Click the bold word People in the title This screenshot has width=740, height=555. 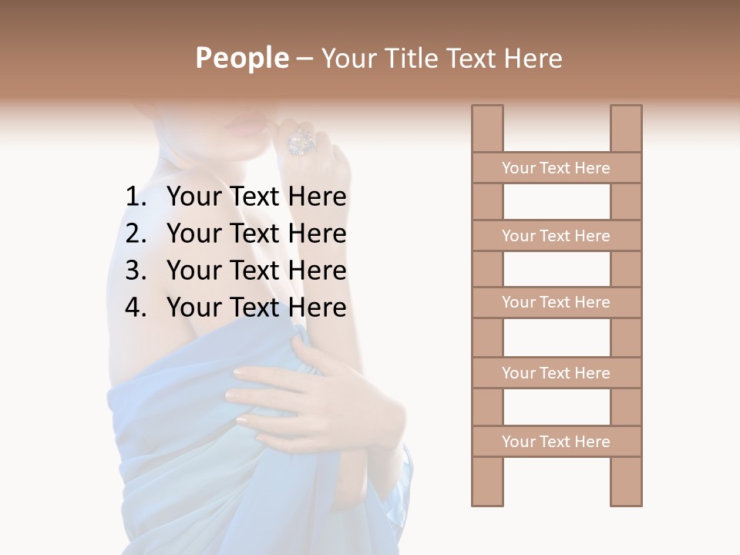pyautogui.click(x=241, y=58)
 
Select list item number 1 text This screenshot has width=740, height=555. pyautogui.click(x=256, y=197)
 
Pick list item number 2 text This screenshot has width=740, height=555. pyautogui.click(x=256, y=234)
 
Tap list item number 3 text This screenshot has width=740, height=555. pyautogui.click(x=256, y=271)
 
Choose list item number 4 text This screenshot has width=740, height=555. pyautogui.click(x=256, y=308)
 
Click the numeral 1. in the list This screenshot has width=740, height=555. pyautogui.click(x=136, y=197)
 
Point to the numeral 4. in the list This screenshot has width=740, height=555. pyautogui.click(x=136, y=308)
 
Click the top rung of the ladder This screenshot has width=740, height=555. pyautogui.click(x=556, y=168)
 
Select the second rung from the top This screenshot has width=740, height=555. pyautogui.click(x=556, y=236)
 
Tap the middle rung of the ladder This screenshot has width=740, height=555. pyautogui.click(x=556, y=302)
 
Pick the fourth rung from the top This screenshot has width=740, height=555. pyautogui.click(x=556, y=373)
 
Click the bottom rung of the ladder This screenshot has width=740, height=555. pyautogui.click(x=556, y=442)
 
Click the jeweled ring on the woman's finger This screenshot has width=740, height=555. pyautogui.click(x=299, y=142)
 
